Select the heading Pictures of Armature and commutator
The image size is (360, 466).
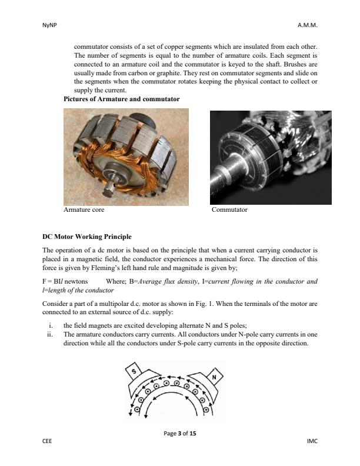121,99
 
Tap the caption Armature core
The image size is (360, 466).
85,209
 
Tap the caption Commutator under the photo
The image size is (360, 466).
229,209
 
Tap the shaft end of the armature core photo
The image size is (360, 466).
109,191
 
